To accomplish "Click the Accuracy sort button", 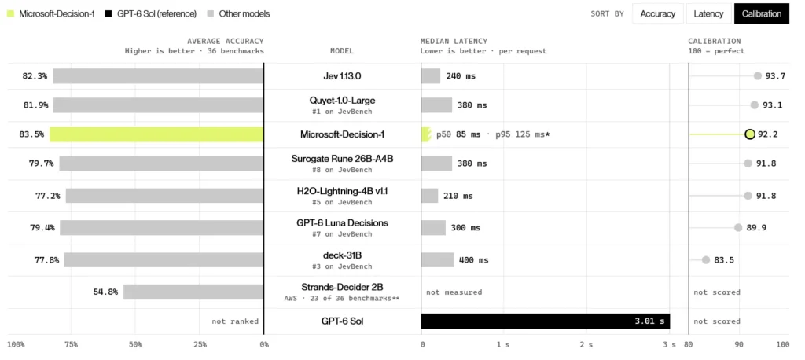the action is click(x=658, y=14).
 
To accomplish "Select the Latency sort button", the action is click(x=708, y=14).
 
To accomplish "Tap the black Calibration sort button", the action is click(x=761, y=14).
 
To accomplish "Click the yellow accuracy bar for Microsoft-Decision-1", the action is click(x=156, y=134).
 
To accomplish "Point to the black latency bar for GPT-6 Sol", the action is click(x=546, y=321).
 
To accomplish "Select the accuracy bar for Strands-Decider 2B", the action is click(x=193, y=292).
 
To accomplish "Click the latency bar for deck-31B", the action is click(x=437, y=260).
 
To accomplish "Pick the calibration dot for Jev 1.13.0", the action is click(x=757, y=76).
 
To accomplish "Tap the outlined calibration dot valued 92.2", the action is click(x=749, y=134).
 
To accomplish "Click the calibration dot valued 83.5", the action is click(x=706, y=260).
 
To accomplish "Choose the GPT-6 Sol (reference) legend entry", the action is click(x=151, y=14).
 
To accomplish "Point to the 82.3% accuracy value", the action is click(x=35, y=76).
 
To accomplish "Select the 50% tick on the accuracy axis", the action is click(x=135, y=345).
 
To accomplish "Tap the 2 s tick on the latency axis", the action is click(x=586, y=345).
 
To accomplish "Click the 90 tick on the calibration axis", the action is click(x=739, y=345).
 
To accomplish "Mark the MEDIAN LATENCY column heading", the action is click(x=454, y=41).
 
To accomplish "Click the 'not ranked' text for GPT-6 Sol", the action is click(x=235, y=321).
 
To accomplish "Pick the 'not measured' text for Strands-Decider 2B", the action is click(x=454, y=292).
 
